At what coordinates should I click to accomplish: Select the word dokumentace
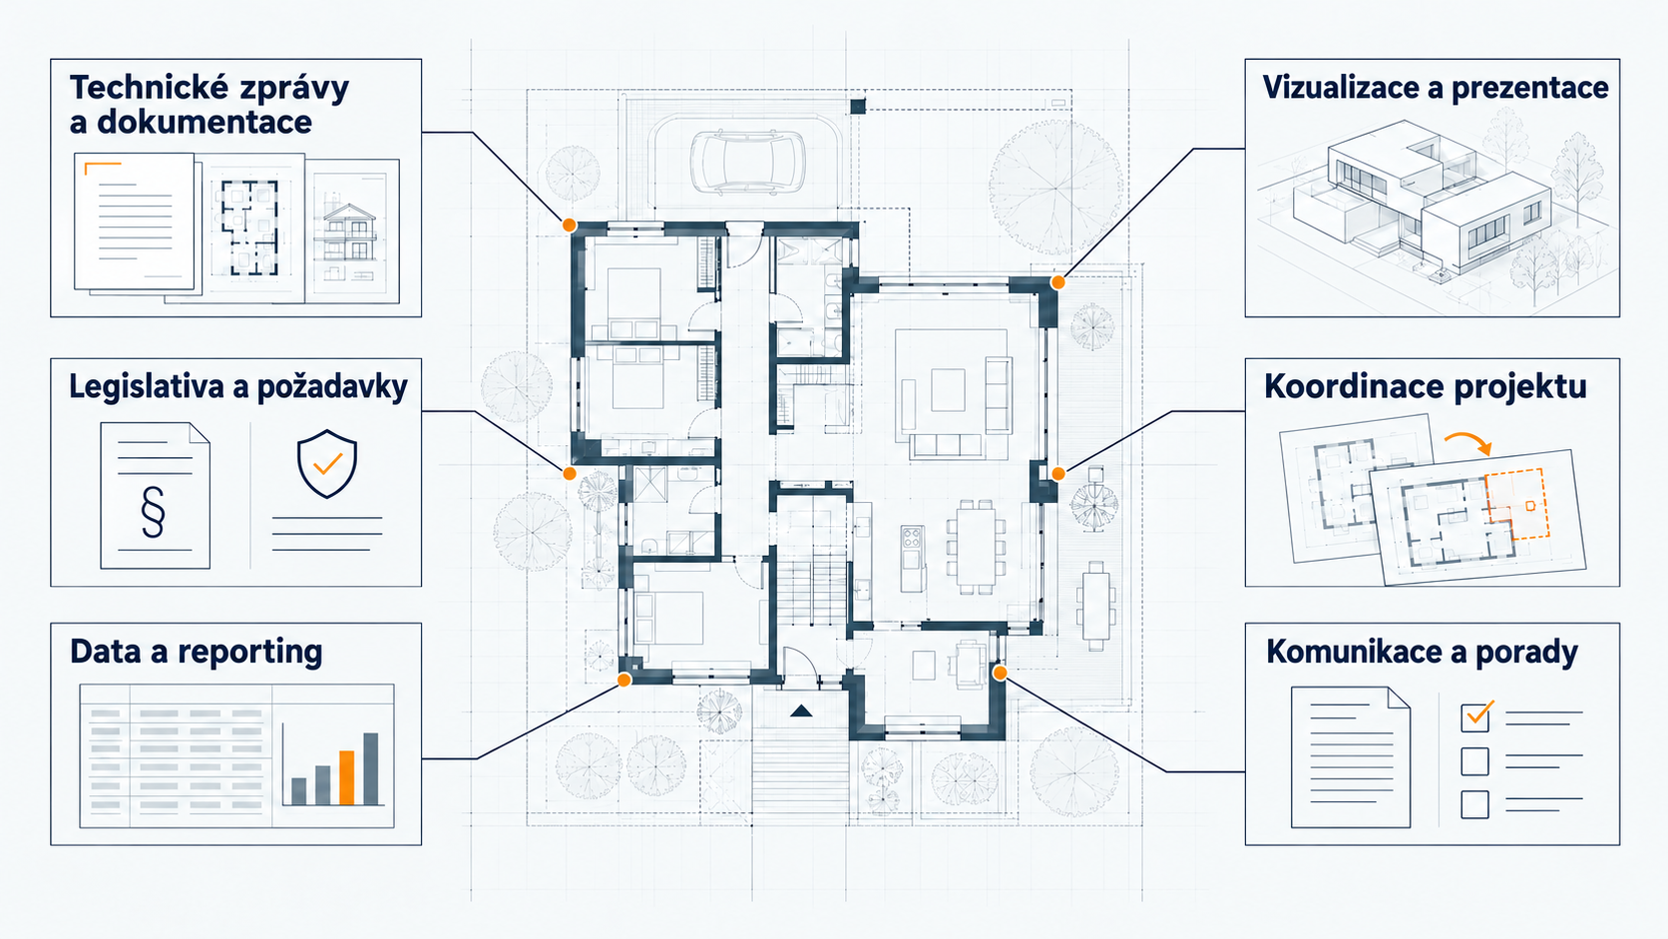pyautogui.click(x=205, y=122)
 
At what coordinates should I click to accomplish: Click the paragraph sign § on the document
pyautogui.click(x=153, y=512)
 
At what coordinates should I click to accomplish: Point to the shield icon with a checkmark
pyautogui.click(x=327, y=463)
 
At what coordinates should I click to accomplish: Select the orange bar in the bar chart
pyautogui.click(x=346, y=777)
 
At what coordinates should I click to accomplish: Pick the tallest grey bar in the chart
pyautogui.click(x=370, y=768)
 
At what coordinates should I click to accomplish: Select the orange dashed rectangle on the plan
pyautogui.click(x=1517, y=503)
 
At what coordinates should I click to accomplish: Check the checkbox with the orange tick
pyautogui.click(x=1475, y=717)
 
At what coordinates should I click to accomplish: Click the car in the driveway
pyautogui.click(x=747, y=163)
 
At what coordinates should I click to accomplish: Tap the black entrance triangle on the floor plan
pyautogui.click(x=801, y=711)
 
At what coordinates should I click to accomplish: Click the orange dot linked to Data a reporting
pyautogui.click(x=625, y=680)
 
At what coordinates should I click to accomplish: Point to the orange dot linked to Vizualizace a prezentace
pyautogui.click(x=1057, y=282)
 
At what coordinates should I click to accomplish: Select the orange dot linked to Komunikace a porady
pyautogui.click(x=1000, y=674)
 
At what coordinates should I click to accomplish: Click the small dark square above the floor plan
pyautogui.click(x=858, y=107)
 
